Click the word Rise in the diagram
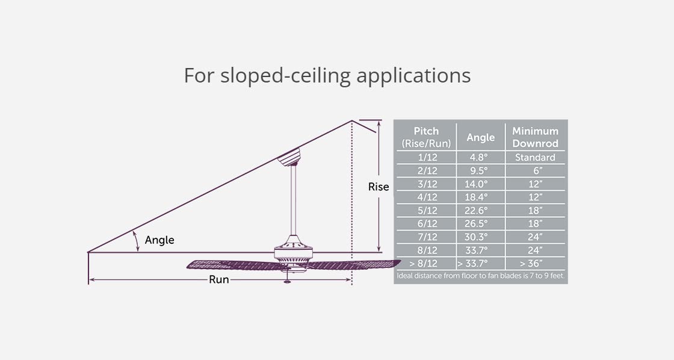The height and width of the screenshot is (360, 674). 379,187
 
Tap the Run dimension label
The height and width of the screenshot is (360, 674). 218,279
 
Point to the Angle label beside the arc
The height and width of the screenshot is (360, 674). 159,240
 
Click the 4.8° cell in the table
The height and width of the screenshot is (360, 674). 480,157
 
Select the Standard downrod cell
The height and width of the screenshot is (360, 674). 535,157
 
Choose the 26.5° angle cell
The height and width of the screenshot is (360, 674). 480,223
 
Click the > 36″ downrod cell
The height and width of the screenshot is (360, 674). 535,263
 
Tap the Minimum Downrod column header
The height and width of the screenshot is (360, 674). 535,137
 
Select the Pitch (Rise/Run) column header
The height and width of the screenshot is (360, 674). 426,137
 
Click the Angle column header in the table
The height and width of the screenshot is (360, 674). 480,137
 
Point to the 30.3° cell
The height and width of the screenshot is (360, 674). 480,237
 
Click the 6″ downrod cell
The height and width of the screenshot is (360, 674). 535,170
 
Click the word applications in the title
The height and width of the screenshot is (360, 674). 413,76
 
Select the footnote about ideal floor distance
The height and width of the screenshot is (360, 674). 480,276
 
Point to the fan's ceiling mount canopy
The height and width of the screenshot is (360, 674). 289,158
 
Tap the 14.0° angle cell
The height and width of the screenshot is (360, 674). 480,184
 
